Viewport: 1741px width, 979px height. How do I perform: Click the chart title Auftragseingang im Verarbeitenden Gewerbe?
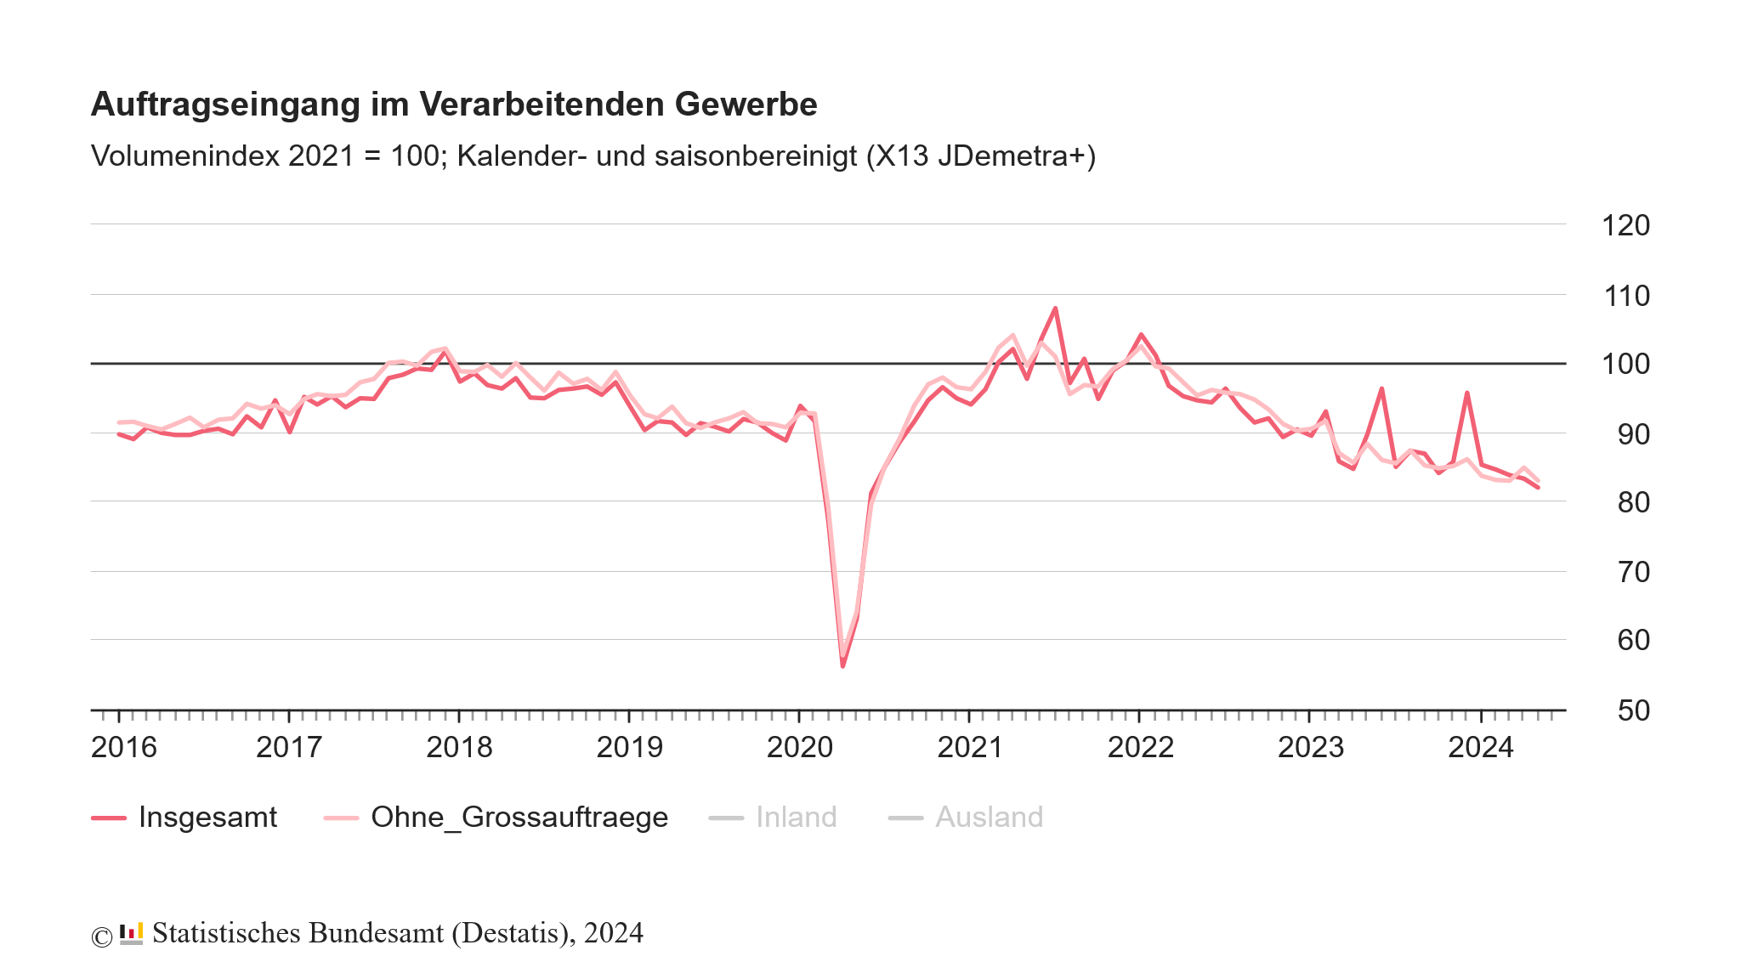point(453,105)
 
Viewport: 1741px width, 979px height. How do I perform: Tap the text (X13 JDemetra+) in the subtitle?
point(980,156)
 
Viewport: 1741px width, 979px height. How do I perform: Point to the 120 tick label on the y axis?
point(1625,226)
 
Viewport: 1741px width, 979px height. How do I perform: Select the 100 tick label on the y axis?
point(1625,365)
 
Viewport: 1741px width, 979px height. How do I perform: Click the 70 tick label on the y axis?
point(1633,573)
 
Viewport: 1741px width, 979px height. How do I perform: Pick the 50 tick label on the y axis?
point(1633,710)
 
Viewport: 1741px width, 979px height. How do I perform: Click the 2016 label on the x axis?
point(124,748)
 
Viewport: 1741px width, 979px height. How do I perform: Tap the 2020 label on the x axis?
point(800,748)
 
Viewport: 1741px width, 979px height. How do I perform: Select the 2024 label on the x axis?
point(1481,748)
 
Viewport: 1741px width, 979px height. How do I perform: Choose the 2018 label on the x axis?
point(459,748)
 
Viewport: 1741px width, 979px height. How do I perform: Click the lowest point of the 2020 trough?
point(842,665)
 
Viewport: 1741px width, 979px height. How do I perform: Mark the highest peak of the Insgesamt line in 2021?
point(1055,308)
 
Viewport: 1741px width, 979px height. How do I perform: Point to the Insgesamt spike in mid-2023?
point(1381,389)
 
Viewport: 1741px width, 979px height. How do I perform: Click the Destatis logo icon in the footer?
point(131,933)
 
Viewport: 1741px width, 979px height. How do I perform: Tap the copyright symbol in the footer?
point(101,937)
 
